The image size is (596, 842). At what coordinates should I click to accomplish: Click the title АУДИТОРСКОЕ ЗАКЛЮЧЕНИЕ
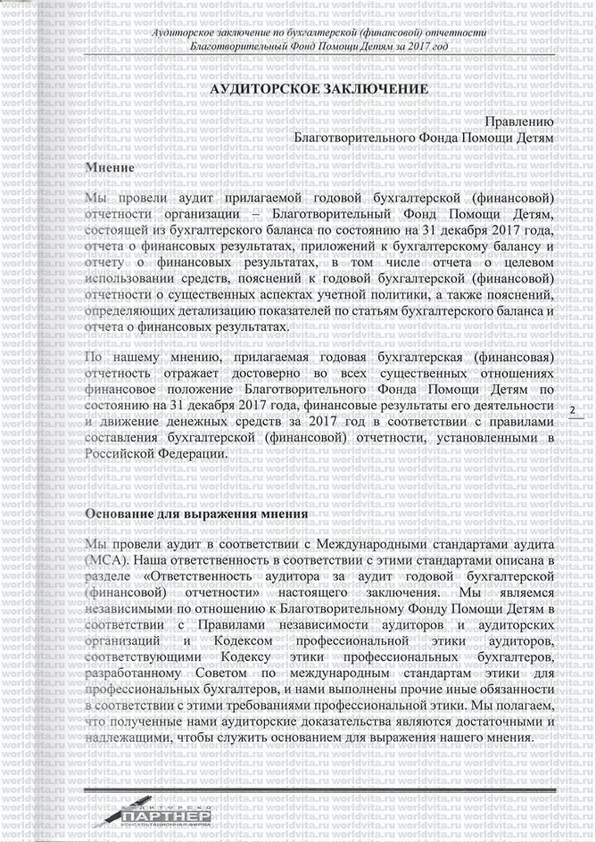(319, 90)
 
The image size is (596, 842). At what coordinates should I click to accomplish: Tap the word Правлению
(520, 121)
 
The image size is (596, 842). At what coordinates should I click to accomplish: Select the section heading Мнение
(109, 168)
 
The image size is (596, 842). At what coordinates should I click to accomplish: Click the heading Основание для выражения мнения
(196, 515)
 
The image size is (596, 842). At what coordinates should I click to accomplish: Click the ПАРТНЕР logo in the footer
(165, 816)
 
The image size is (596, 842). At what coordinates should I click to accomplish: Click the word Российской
(128, 453)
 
